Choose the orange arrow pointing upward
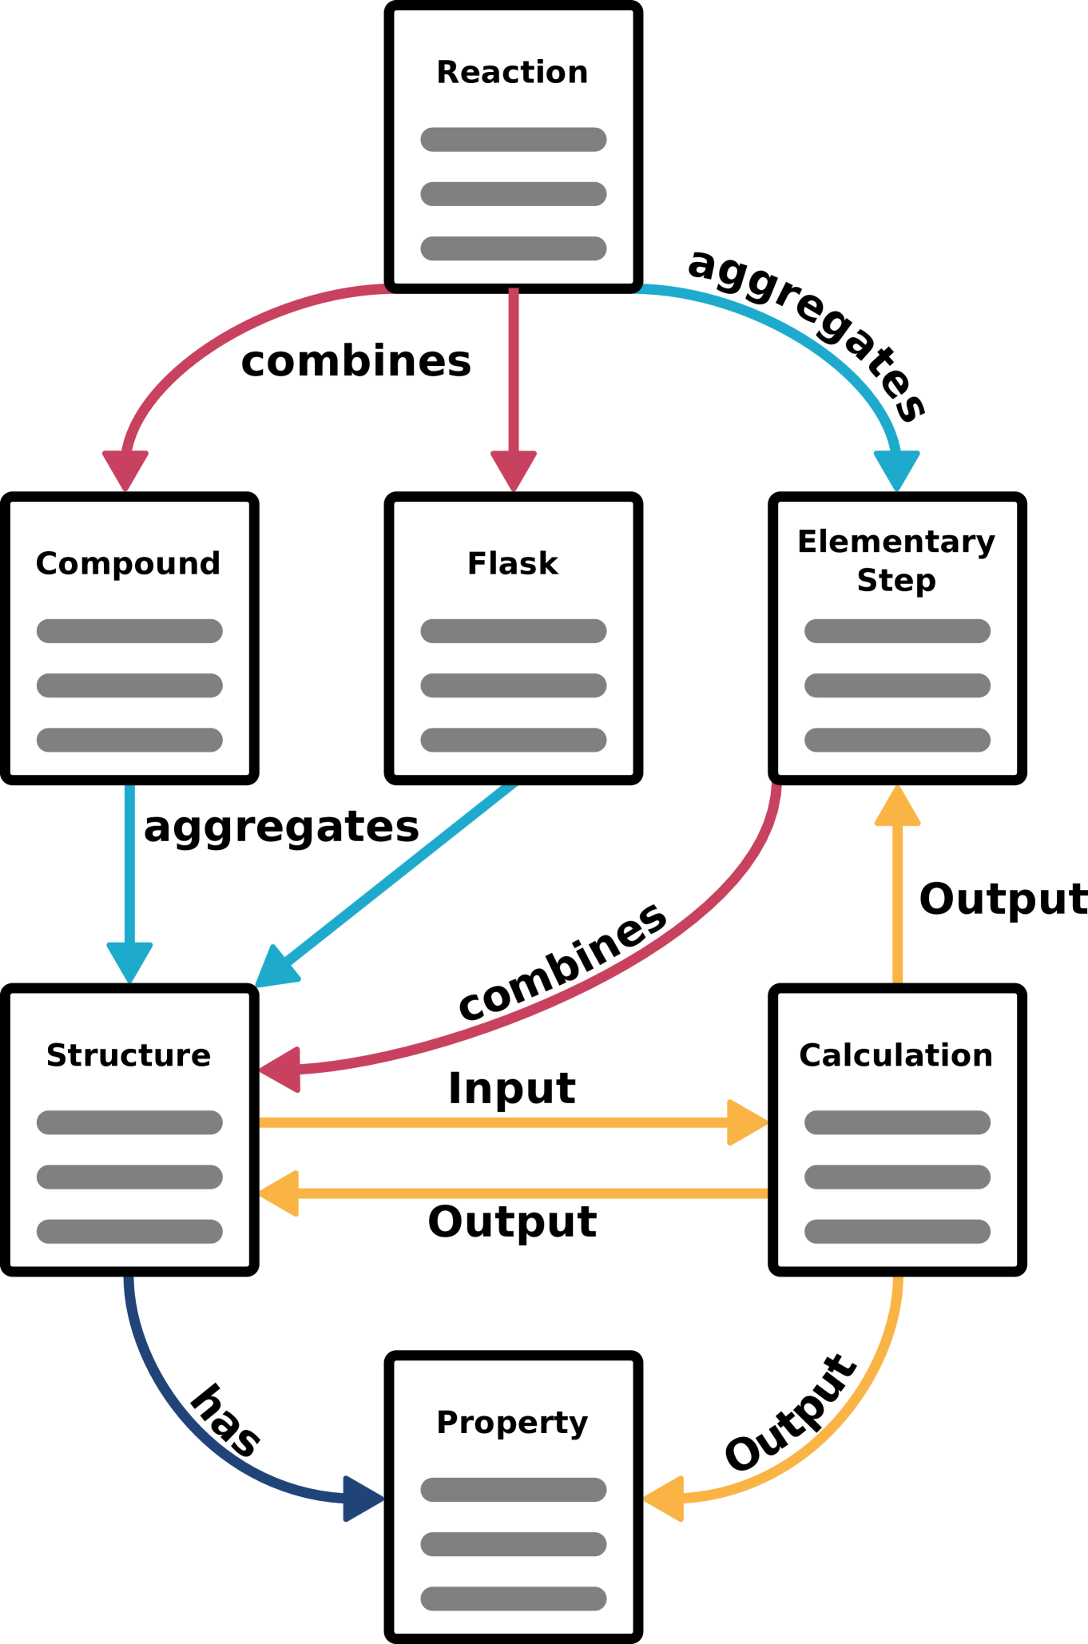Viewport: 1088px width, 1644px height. (x=897, y=895)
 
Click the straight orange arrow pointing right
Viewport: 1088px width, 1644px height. (x=511, y=1122)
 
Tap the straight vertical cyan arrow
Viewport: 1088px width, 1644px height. (x=129, y=871)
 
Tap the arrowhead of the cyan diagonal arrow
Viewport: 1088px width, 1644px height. (x=274, y=969)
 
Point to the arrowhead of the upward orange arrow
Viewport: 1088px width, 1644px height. (x=897, y=807)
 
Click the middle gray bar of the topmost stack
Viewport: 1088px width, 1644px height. (x=514, y=194)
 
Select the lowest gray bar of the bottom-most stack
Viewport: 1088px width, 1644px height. (x=514, y=1598)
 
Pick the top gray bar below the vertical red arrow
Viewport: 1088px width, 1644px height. (x=514, y=631)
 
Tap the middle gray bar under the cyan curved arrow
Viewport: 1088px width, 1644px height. (x=897, y=685)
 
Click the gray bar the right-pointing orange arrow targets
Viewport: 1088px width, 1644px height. (x=897, y=1122)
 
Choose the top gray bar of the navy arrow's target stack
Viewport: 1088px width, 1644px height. (x=514, y=1490)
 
